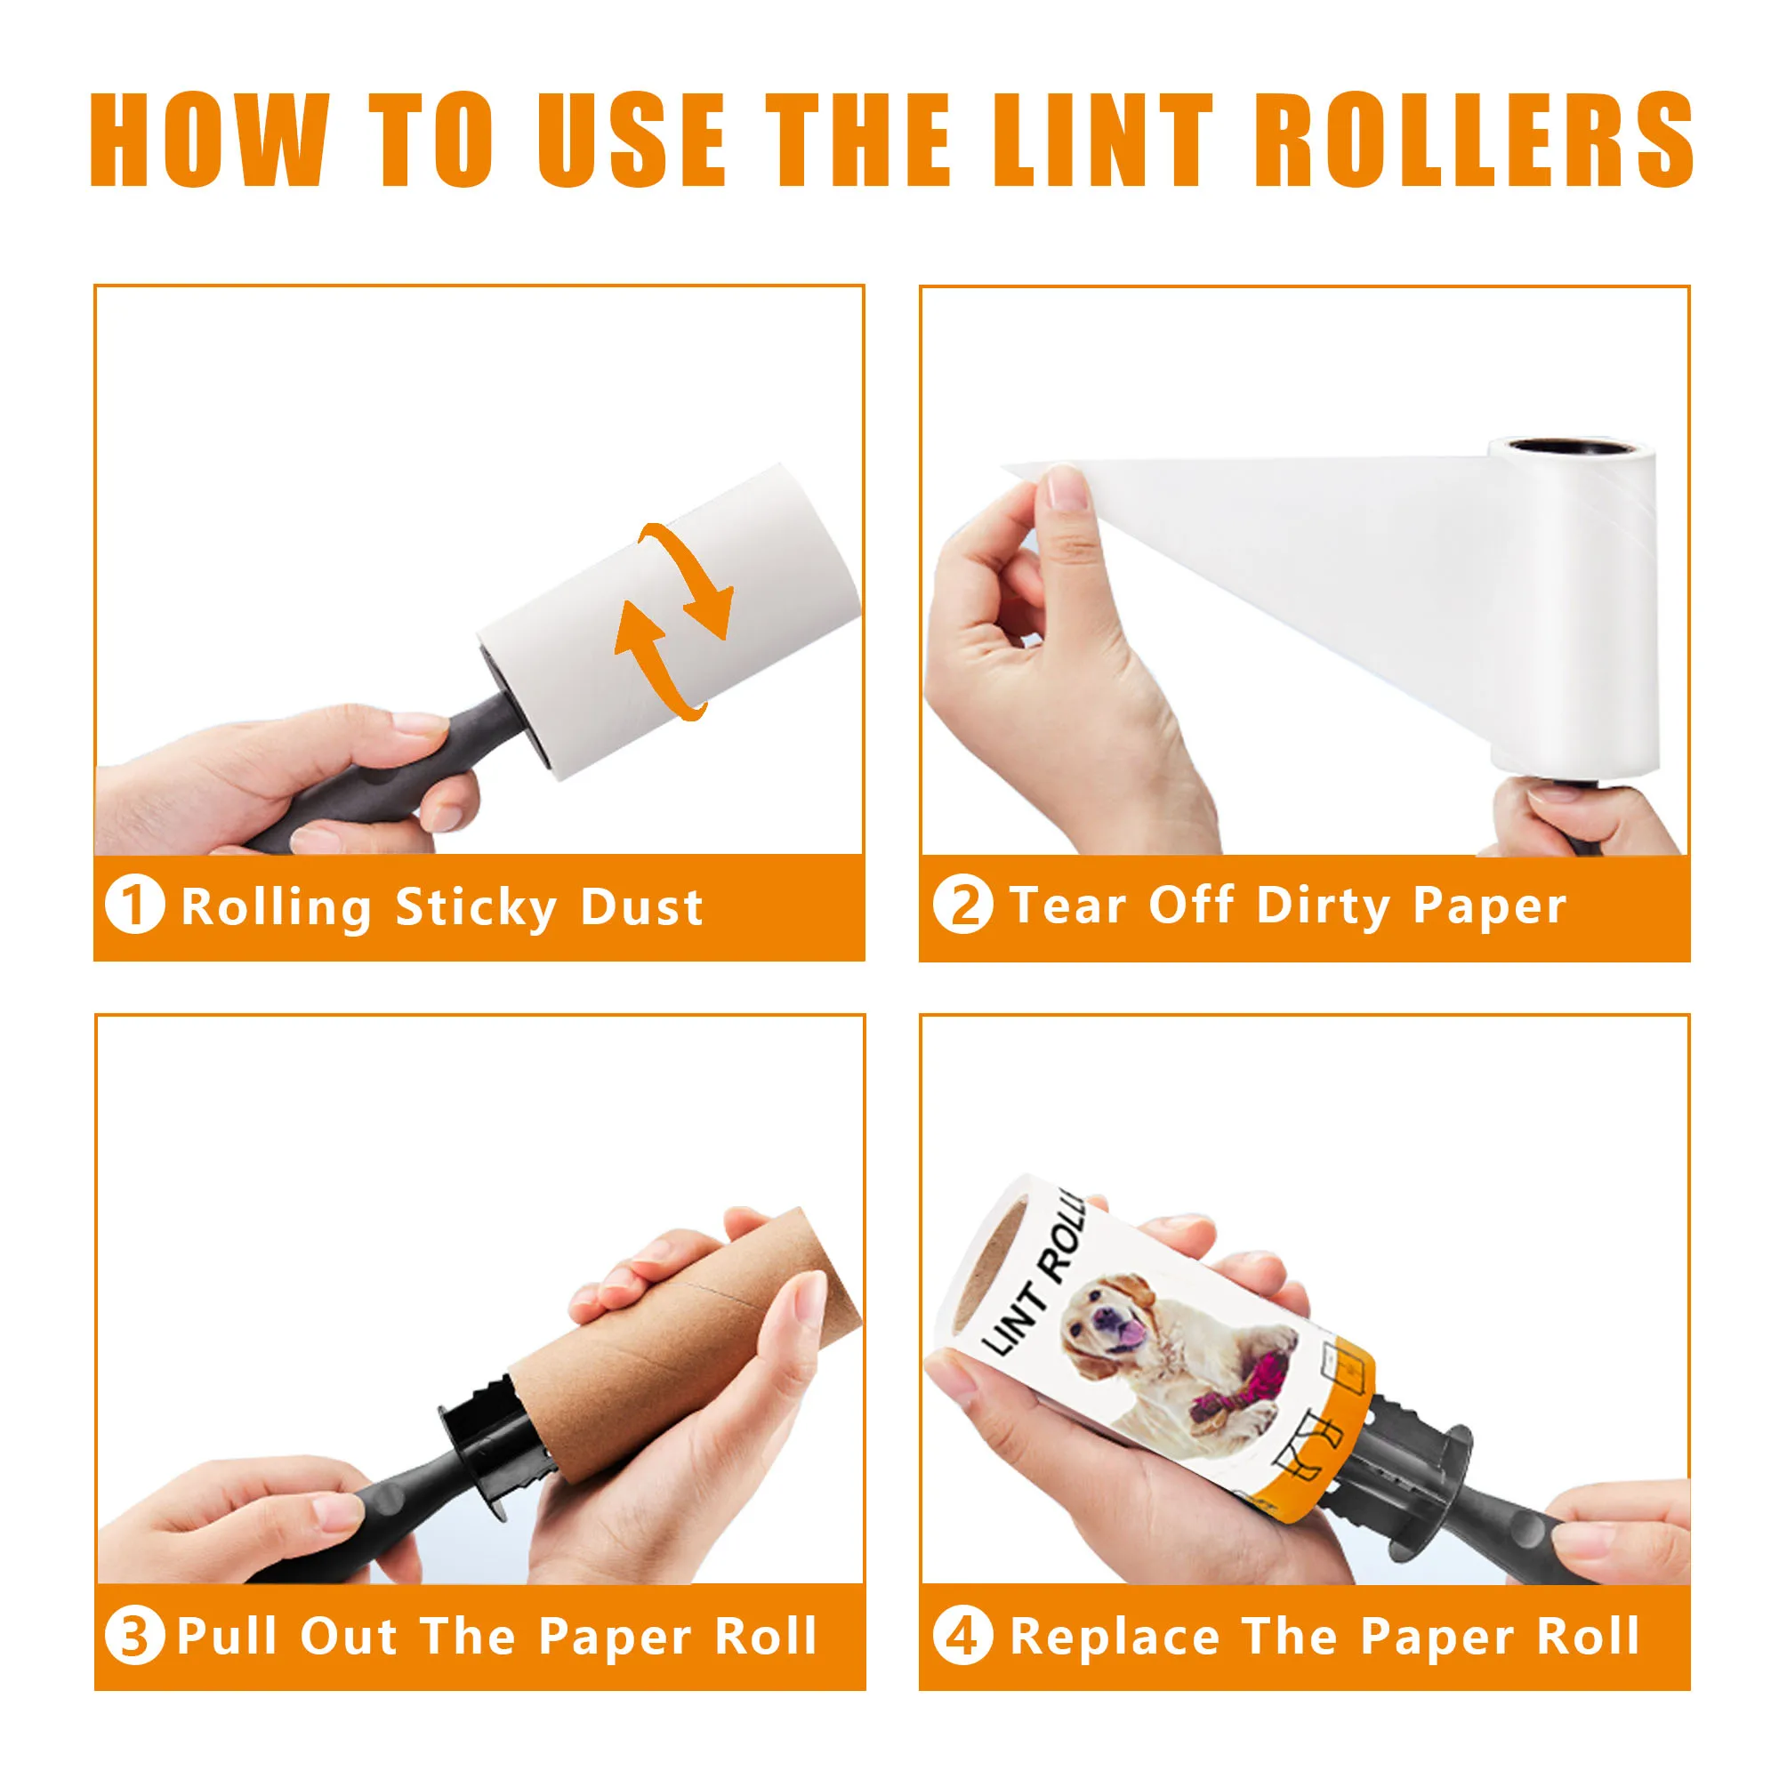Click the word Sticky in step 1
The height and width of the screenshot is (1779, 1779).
476,909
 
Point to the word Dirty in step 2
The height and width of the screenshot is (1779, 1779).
1324,907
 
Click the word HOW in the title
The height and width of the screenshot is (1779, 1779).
209,139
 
